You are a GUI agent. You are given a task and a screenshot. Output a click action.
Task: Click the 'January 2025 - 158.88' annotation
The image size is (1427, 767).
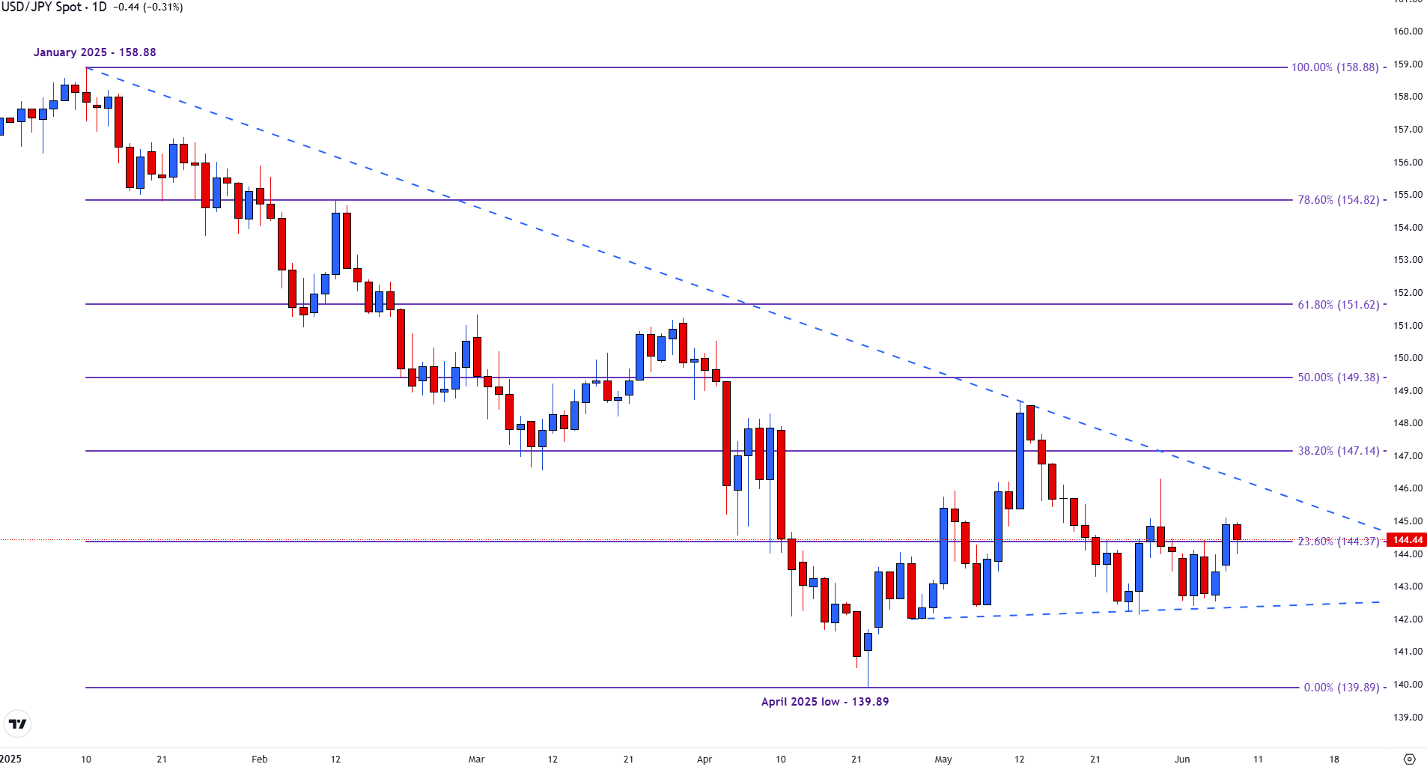pyautogui.click(x=94, y=52)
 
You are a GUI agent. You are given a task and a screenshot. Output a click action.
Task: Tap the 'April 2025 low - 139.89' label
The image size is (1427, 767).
pyautogui.click(x=824, y=702)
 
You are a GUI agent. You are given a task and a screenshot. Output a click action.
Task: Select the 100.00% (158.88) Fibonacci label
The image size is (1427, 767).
pyautogui.click(x=1334, y=67)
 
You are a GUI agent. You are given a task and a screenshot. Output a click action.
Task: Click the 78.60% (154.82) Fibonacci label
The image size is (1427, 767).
pyautogui.click(x=1338, y=200)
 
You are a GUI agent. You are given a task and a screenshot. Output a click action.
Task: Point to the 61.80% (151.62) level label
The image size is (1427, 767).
pyautogui.click(x=1338, y=305)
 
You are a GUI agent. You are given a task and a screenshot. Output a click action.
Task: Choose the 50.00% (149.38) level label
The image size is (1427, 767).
pyautogui.click(x=1338, y=378)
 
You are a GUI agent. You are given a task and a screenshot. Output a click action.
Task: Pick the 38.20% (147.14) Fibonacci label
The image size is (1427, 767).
pyautogui.click(x=1338, y=451)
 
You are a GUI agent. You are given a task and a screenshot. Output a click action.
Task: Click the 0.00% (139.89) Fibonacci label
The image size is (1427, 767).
pyautogui.click(x=1341, y=688)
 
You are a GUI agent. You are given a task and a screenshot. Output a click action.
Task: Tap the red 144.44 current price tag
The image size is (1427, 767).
pyautogui.click(x=1407, y=540)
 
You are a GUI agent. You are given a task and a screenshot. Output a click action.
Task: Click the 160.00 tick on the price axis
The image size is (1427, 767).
pyautogui.click(x=1408, y=31)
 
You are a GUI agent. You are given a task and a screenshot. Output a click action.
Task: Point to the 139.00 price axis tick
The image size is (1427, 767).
pyautogui.click(x=1408, y=718)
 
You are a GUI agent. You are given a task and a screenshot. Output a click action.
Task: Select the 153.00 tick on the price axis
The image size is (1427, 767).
pyautogui.click(x=1408, y=260)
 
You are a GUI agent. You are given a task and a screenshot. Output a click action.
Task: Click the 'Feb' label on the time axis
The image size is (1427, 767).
pyautogui.click(x=259, y=760)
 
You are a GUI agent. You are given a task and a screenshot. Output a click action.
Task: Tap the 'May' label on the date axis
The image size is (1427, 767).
pyautogui.click(x=943, y=760)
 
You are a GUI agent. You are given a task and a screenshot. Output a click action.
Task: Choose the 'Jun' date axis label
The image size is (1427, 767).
pyautogui.click(x=1181, y=760)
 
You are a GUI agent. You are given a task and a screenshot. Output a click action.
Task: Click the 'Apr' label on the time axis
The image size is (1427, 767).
pyautogui.click(x=704, y=760)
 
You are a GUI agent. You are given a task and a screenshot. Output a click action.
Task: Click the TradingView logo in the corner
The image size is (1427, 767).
pyautogui.click(x=17, y=724)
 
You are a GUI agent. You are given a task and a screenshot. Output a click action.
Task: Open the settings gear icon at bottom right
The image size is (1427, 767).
pyautogui.click(x=1409, y=759)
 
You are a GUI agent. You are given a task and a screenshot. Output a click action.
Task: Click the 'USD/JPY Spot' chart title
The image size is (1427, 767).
pyautogui.click(x=42, y=7)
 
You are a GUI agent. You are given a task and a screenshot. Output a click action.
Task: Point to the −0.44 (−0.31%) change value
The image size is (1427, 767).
pyautogui.click(x=147, y=7)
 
